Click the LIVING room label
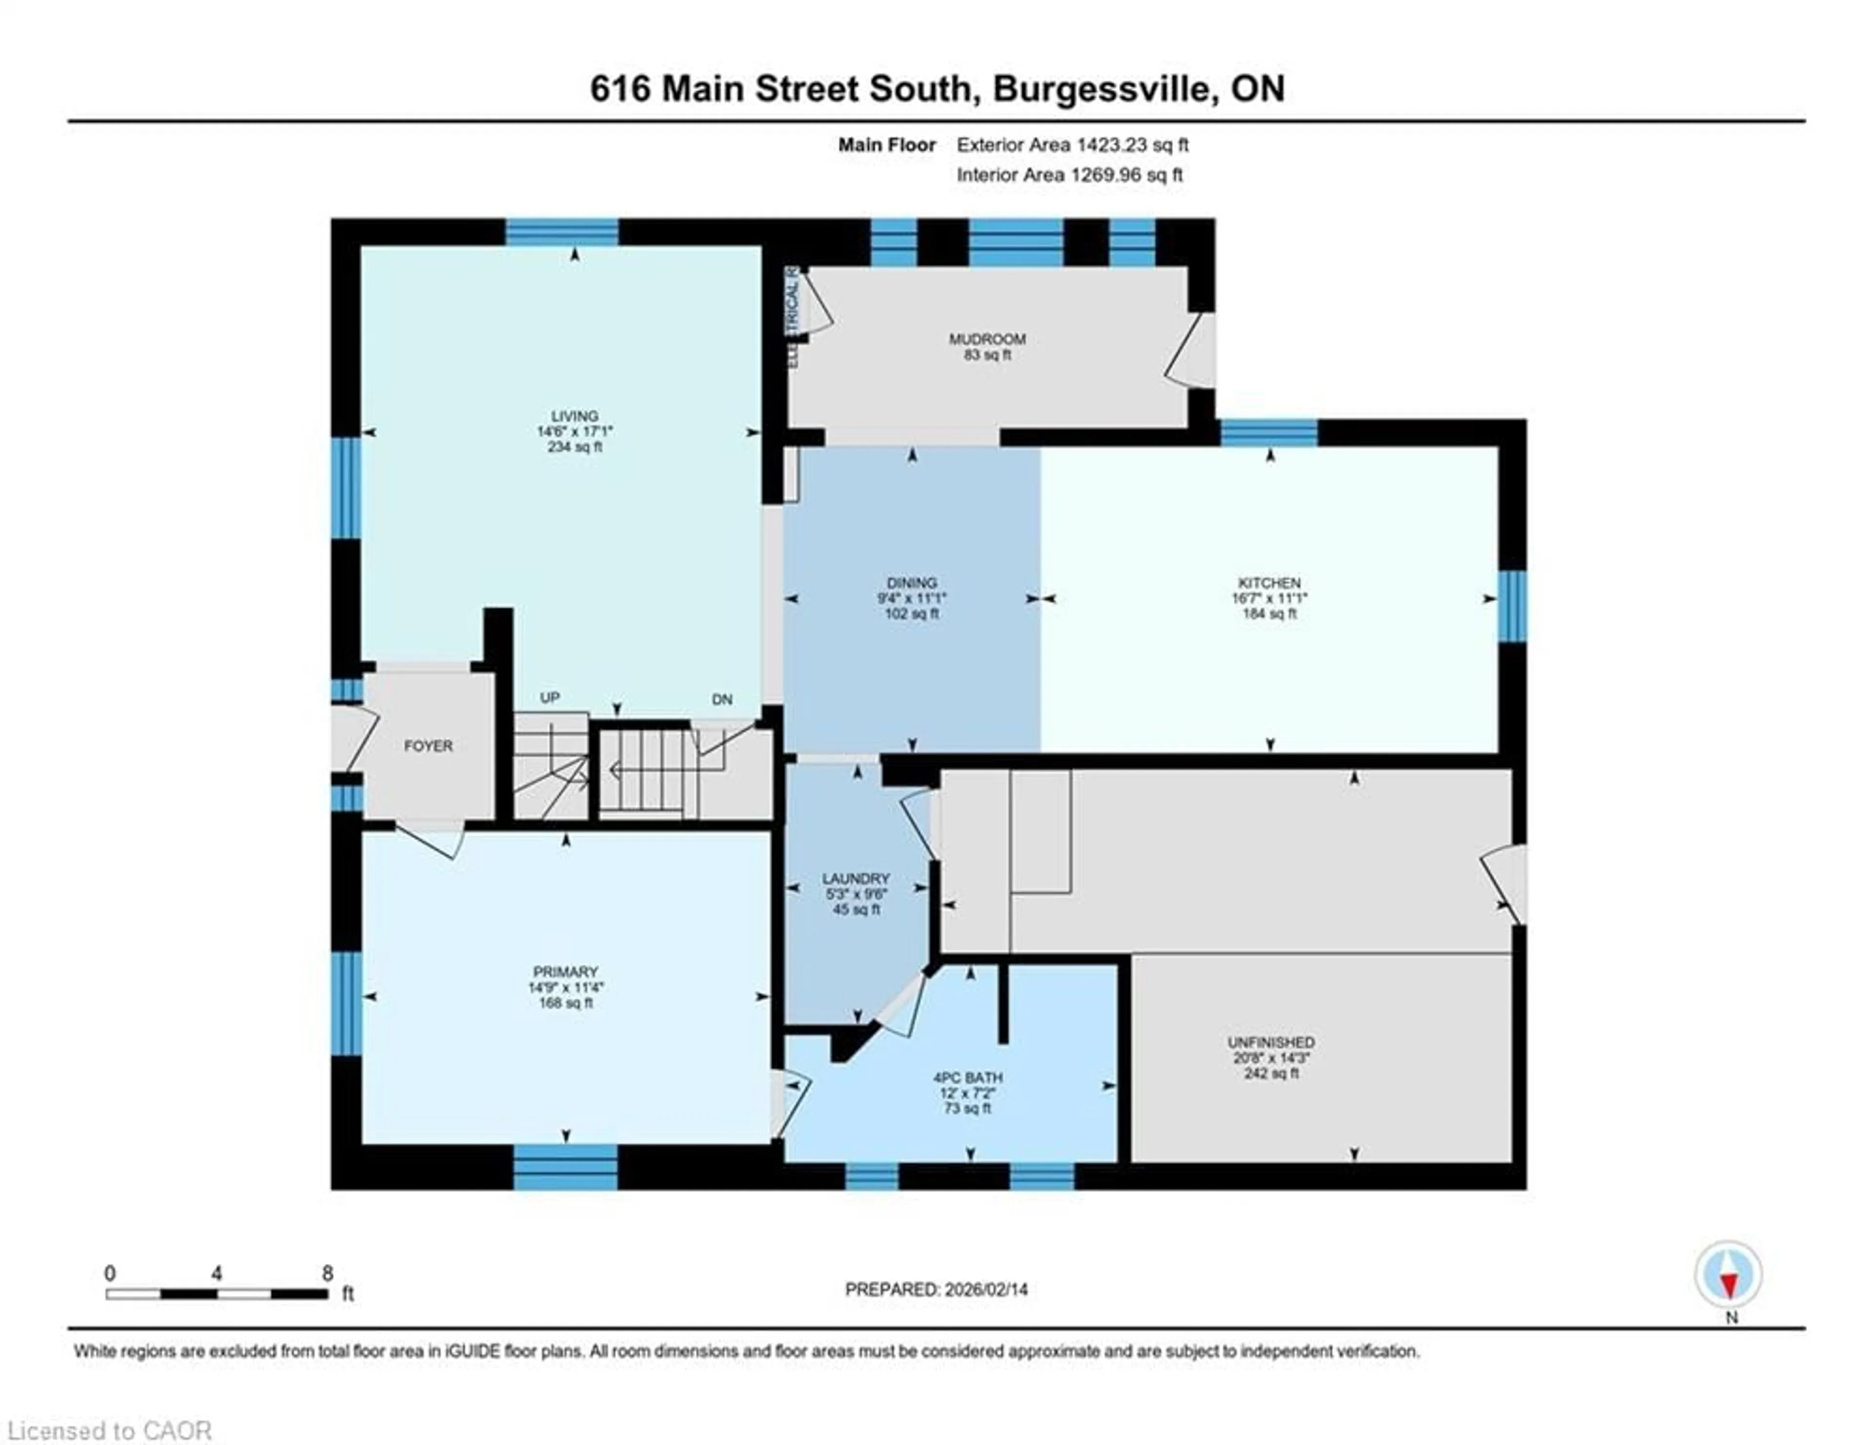pos(574,416)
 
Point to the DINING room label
pos(912,583)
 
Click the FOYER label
pos(428,745)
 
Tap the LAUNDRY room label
pos(856,879)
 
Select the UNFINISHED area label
pos(1270,1042)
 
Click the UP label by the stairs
pos(549,698)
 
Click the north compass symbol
pos(1728,1274)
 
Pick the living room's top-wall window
pos(562,232)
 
